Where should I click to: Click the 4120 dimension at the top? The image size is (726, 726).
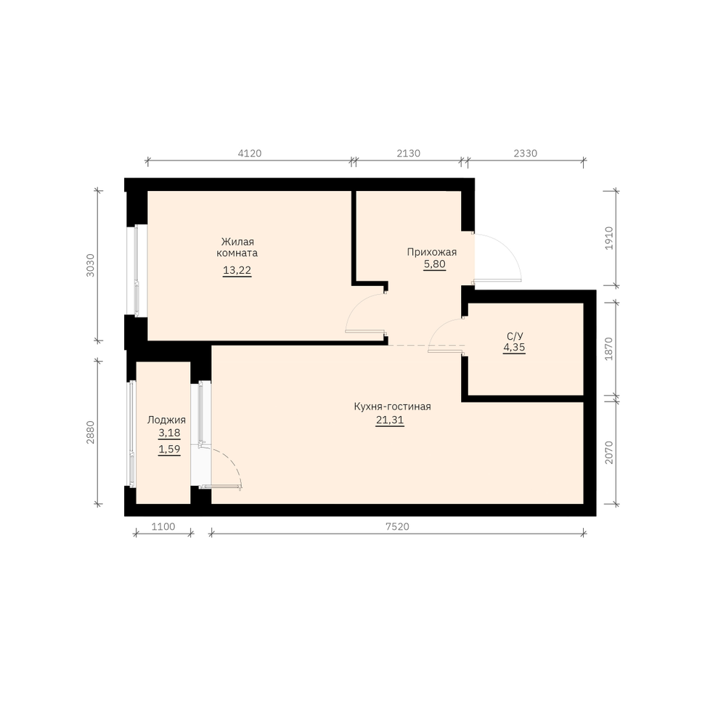250,153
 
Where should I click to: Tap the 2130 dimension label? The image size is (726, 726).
408,153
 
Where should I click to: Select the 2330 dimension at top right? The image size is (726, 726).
526,153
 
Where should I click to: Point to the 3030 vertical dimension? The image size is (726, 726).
90,265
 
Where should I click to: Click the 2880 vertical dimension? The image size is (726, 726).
90,432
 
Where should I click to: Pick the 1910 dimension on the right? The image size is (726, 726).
609,238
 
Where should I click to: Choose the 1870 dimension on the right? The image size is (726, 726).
609,348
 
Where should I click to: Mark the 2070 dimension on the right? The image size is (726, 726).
609,452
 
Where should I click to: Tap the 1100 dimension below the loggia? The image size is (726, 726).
163,526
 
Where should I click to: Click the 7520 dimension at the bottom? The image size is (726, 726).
397,526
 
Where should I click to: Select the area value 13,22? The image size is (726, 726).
237,270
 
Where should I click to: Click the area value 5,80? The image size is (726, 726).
434,264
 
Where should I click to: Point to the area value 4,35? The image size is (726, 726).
514,348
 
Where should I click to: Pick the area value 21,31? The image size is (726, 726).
390,420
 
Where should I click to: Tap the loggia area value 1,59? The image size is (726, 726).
169,449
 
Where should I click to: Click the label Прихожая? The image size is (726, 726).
431,253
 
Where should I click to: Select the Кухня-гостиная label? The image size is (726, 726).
392,407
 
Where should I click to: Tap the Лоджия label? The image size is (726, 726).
167,420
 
